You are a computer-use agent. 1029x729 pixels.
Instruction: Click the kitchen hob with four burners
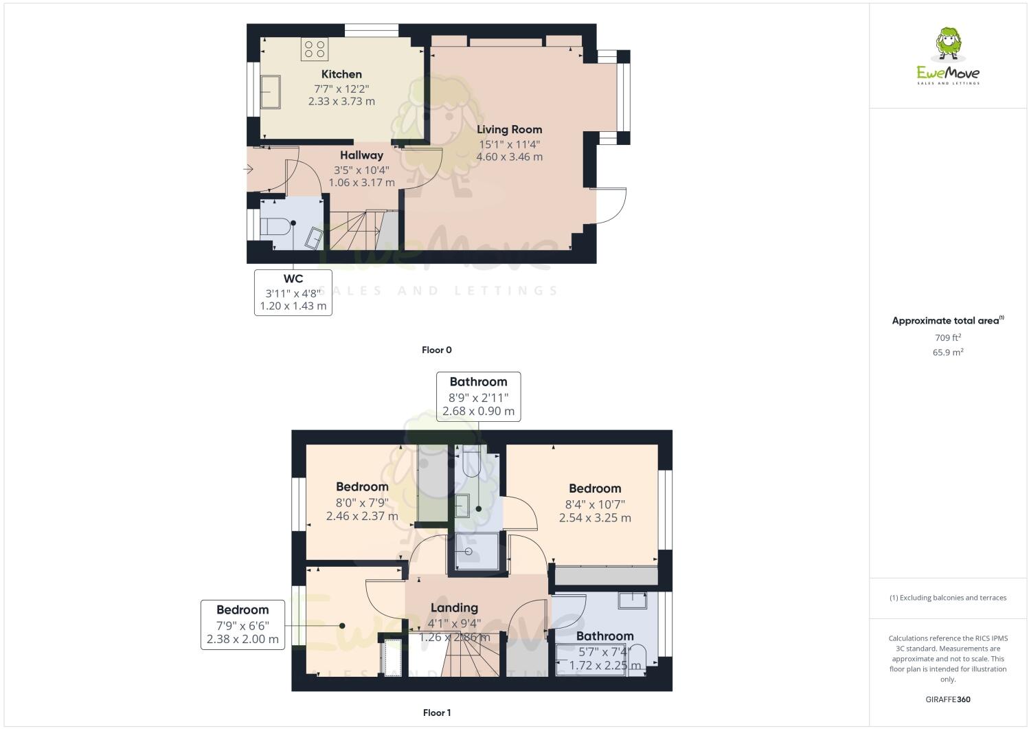[x=315, y=48]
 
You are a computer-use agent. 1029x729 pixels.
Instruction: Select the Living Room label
[x=510, y=129]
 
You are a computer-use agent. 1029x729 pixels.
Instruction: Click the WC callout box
[x=293, y=292]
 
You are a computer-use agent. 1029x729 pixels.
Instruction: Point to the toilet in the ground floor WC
[x=275, y=225]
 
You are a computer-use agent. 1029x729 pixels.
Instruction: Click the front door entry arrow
[x=248, y=168]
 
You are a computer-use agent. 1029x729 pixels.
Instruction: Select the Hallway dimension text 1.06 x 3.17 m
[x=361, y=183]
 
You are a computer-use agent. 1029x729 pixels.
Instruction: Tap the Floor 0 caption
[x=436, y=350]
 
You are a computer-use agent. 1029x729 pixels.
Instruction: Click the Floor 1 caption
[x=436, y=713]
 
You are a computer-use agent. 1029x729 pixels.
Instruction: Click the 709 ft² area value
[x=947, y=337]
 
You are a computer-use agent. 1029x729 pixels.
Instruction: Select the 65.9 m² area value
[x=947, y=352]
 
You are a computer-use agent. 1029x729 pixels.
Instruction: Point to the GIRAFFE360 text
[x=948, y=699]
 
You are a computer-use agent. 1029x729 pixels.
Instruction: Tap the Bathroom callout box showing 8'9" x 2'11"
[x=478, y=396]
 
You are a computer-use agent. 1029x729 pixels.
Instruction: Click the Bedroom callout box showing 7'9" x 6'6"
[x=242, y=625]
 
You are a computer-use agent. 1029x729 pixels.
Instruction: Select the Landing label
[x=454, y=607]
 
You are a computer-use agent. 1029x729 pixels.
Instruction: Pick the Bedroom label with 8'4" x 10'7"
[x=595, y=489]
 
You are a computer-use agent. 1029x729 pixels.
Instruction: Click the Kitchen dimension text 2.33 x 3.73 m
[x=341, y=102]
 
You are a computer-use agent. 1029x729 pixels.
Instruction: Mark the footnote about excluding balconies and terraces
[x=948, y=598]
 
